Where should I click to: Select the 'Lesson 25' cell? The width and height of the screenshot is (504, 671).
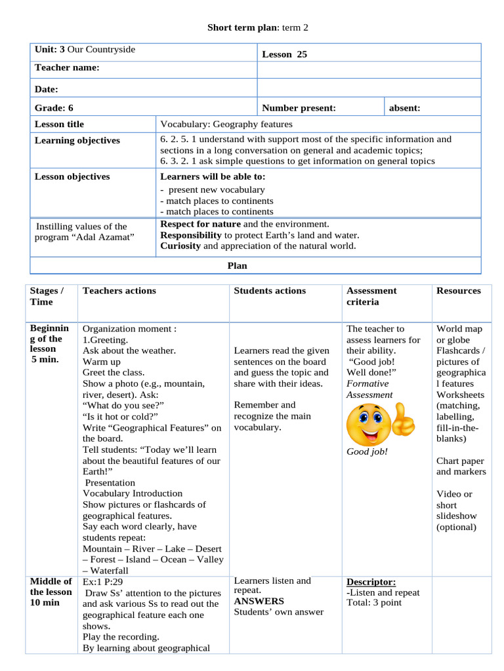284,54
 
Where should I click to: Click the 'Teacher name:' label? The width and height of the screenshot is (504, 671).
67,67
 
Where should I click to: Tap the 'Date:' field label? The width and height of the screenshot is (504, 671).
47,89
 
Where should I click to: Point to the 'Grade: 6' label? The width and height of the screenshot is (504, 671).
54,108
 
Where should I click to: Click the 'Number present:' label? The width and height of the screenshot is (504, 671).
299,108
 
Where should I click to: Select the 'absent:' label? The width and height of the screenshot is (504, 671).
405,108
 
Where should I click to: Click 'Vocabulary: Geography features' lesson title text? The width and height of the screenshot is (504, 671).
226,124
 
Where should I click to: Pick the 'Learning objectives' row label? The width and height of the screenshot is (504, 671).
77,140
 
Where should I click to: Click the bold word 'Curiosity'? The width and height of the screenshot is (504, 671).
180,246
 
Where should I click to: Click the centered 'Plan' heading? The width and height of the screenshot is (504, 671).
237,265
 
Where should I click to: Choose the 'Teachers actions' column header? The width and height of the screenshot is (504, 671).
119,290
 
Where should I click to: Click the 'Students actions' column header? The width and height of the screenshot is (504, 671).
270,290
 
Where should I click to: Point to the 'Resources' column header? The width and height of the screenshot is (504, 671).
458,290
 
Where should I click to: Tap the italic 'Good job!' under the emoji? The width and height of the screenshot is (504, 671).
367,451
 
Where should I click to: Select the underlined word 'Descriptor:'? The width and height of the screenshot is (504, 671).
371,582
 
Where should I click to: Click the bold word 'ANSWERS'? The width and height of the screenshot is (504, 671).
259,601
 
